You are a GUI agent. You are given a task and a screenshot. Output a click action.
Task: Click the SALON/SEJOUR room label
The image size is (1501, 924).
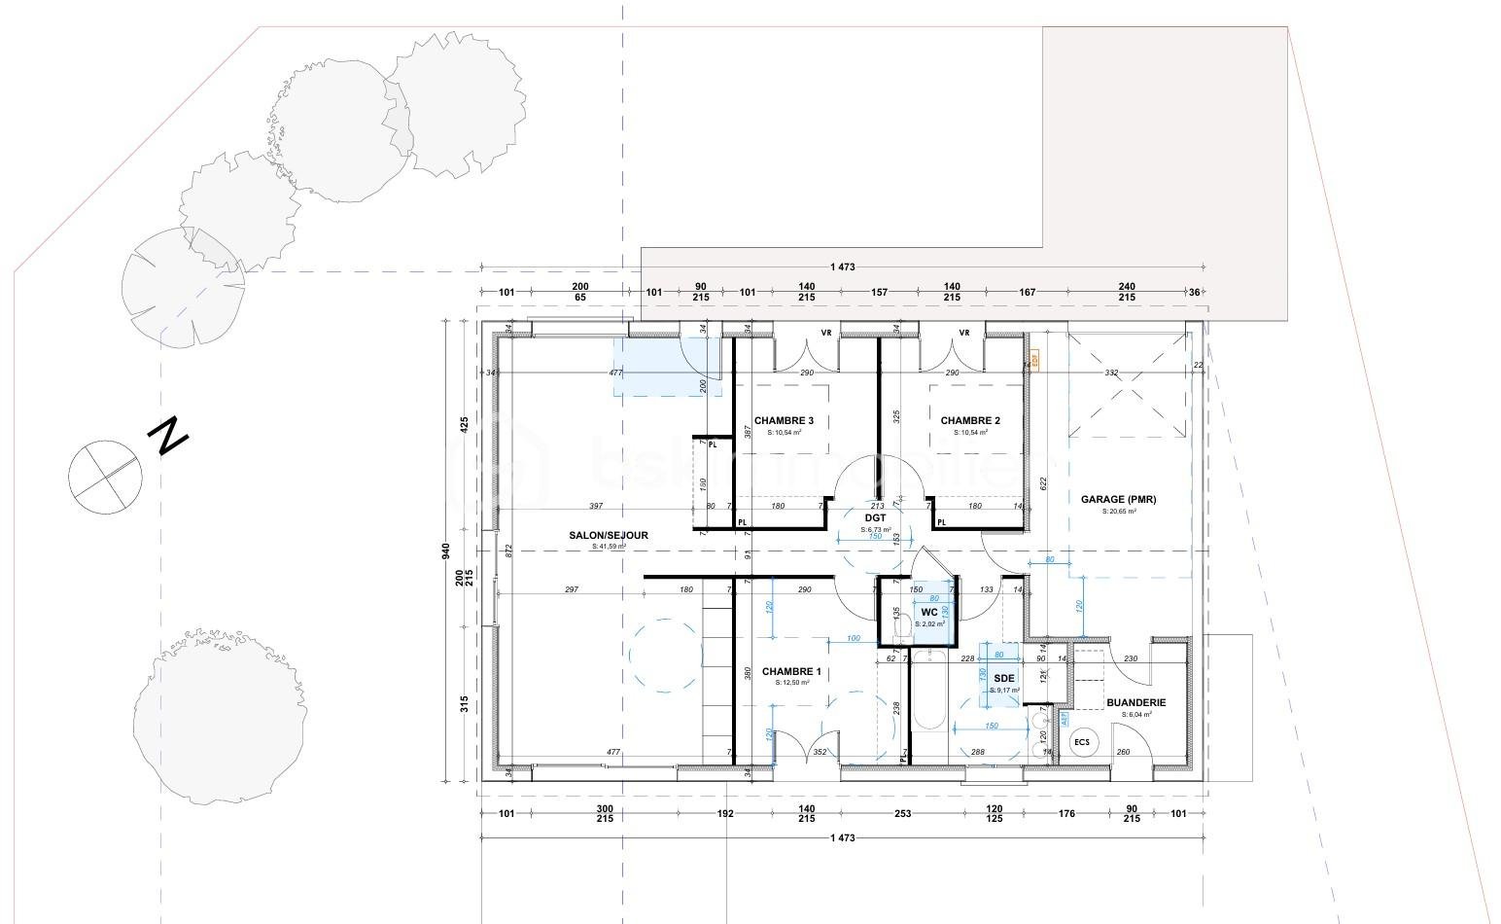point(609,536)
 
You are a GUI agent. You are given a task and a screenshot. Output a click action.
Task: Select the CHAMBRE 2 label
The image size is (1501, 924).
point(969,421)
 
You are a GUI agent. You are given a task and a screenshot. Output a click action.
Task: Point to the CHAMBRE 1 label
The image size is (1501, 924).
point(791,672)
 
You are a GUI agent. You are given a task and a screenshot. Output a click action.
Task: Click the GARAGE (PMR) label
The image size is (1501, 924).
point(1118,500)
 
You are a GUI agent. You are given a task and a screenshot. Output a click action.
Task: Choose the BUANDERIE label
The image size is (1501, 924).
point(1135,702)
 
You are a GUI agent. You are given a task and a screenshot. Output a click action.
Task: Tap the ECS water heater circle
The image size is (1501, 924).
point(1081,742)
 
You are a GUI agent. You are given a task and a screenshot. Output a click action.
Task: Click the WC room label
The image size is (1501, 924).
point(928,613)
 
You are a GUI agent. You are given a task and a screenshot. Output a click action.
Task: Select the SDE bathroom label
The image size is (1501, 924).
point(1004,678)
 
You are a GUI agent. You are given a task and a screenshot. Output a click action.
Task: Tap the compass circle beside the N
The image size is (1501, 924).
point(105,476)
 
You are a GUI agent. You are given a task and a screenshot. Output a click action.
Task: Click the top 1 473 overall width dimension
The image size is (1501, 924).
point(842,267)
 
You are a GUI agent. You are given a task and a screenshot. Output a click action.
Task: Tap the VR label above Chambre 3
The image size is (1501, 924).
point(825,333)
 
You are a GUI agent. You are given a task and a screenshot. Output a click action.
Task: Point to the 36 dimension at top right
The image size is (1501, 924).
point(1194,292)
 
